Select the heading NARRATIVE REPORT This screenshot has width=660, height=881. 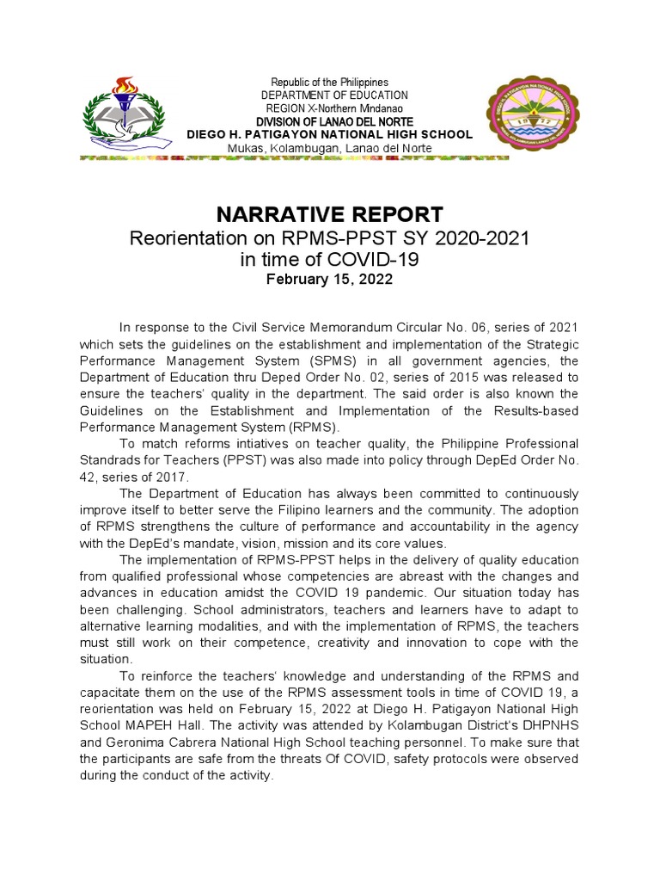(329, 214)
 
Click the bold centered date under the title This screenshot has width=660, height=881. (329, 279)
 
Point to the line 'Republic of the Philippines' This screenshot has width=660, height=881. (330, 82)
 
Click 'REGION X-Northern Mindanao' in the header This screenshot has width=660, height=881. (330, 108)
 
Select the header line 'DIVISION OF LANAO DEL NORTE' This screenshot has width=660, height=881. (330, 121)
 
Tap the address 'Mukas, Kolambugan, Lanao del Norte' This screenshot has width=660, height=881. (330, 149)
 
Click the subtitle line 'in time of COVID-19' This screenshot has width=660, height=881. (329, 259)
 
